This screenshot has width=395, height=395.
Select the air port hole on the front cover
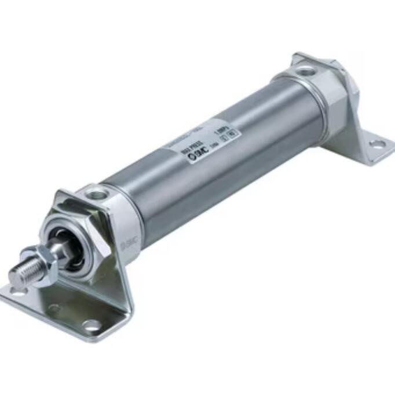click(x=98, y=193)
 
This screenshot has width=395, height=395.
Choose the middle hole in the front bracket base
click(x=54, y=308)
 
